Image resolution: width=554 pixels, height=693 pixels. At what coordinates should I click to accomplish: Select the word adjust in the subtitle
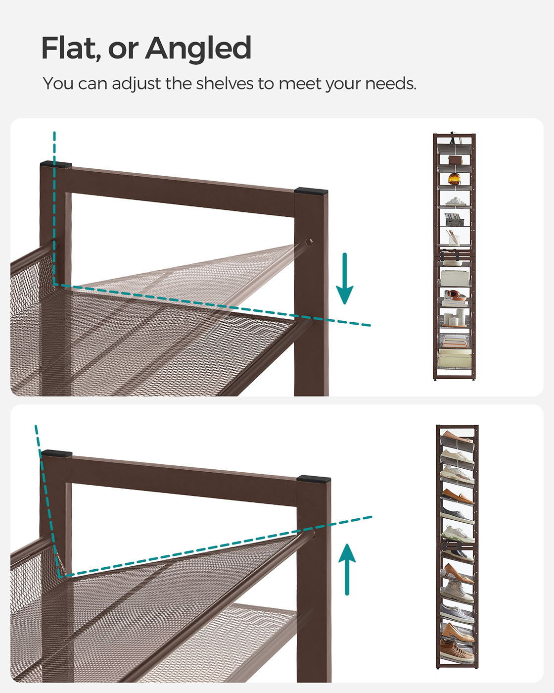click(x=136, y=84)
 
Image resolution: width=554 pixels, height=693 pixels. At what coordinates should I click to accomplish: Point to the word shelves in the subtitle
click(x=225, y=83)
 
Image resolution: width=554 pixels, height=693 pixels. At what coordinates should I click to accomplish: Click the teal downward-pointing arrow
click(x=345, y=278)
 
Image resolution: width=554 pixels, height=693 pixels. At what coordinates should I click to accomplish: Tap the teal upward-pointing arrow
click(x=347, y=569)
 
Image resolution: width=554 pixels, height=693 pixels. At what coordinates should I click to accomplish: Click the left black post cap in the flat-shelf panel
click(x=56, y=164)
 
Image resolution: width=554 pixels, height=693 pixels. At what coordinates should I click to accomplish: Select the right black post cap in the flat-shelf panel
click(x=311, y=190)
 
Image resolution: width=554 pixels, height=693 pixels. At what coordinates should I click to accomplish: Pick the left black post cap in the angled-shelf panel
click(x=57, y=453)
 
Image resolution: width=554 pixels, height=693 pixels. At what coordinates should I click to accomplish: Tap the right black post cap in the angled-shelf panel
click(x=314, y=479)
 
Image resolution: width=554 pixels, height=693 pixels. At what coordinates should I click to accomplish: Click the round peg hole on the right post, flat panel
click(x=309, y=242)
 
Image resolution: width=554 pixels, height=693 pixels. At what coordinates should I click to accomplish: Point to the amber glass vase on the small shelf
click(x=455, y=179)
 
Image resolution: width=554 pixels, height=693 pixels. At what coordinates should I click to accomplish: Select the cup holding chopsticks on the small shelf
click(x=454, y=239)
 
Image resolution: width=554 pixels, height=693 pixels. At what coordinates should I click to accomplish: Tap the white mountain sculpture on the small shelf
click(x=456, y=201)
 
